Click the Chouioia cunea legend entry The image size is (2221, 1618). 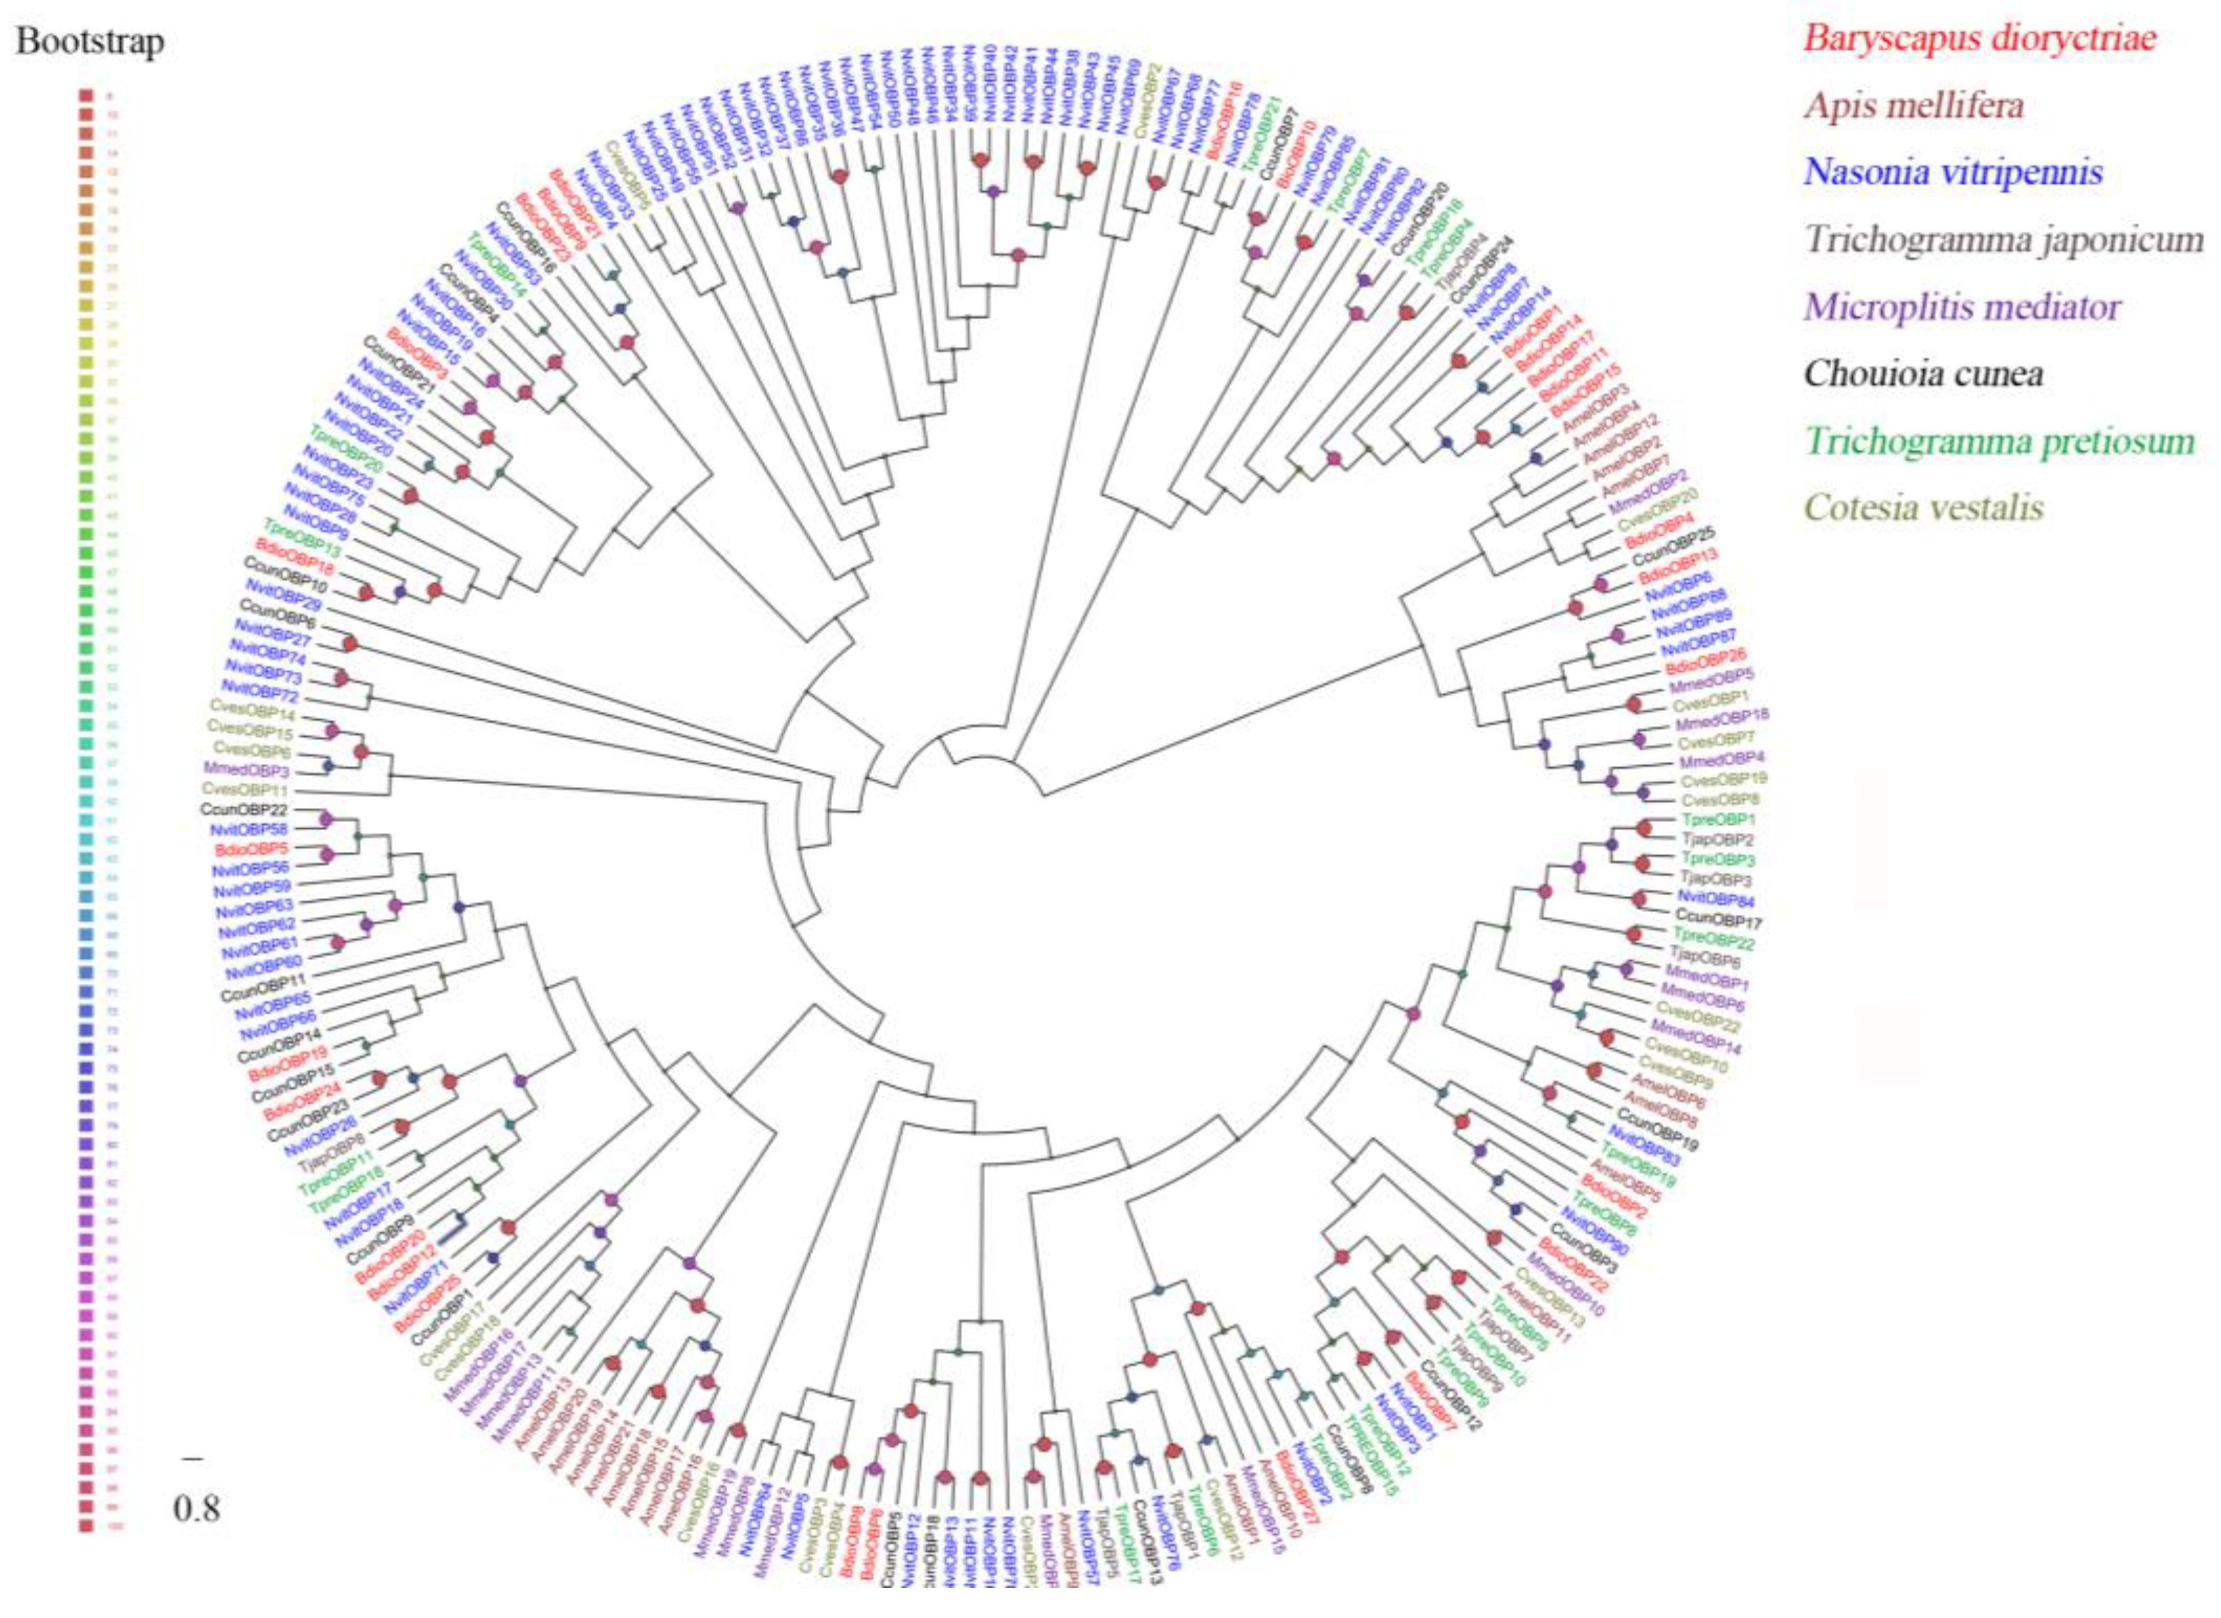[1923, 374]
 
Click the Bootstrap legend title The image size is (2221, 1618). [90, 42]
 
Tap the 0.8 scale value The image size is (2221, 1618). [197, 1509]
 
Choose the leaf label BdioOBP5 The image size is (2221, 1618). [247, 849]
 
